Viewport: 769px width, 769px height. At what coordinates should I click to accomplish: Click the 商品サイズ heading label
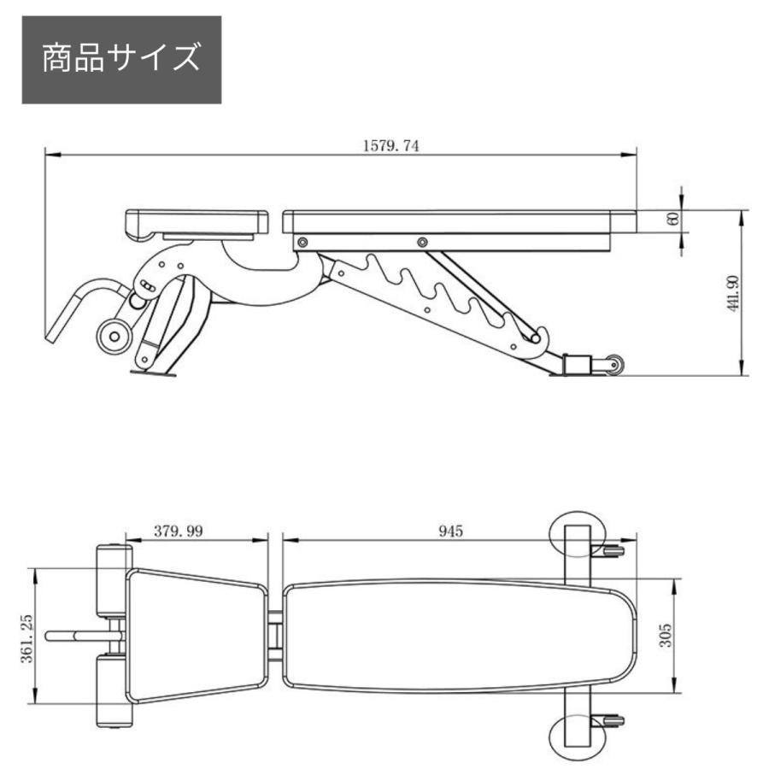(x=121, y=60)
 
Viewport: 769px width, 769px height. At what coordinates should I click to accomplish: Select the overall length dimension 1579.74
(x=390, y=146)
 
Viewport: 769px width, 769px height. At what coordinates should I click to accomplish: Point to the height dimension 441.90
(x=732, y=293)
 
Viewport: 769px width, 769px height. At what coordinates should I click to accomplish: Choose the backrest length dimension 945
(x=450, y=531)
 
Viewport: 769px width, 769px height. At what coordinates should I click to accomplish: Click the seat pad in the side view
(x=196, y=222)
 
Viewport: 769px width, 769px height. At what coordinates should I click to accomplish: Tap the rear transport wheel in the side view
(x=612, y=366)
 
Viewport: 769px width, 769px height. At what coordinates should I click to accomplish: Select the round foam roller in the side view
(x=114, y=335)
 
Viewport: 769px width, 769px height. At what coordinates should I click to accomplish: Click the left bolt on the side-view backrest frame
(x=301, y=244)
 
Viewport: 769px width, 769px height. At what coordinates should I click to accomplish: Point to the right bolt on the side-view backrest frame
(x=421, y=244)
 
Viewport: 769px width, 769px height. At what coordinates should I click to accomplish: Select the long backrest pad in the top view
(x=460, y=636)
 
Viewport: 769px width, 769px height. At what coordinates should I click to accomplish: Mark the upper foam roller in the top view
(x=111, y=579)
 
